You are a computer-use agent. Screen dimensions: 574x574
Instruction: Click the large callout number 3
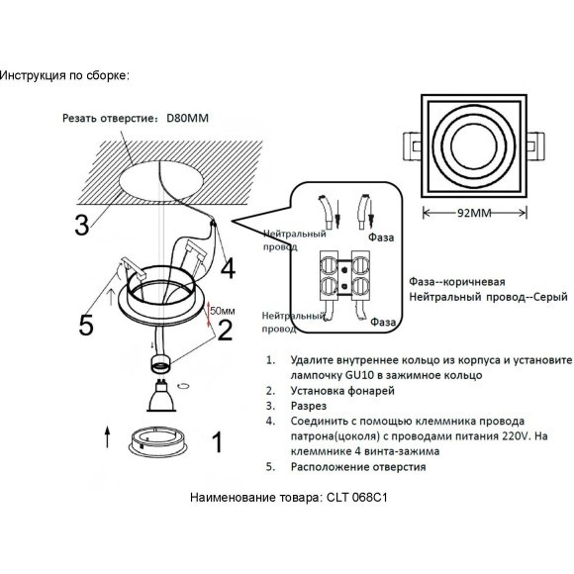tap(81, 225)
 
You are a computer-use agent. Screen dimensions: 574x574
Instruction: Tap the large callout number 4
tap(229, 268)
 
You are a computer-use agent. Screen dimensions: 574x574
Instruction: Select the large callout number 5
tap(86, 325)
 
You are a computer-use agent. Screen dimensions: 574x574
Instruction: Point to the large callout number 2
tap(225, 330)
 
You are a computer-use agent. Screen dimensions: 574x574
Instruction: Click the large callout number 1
tap(218, 441)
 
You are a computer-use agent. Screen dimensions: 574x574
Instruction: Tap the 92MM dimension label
tap(474, 213)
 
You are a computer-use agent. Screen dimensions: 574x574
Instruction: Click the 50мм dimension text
tap(223, 311)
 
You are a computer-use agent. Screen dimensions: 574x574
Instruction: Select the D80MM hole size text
tap(187, 118)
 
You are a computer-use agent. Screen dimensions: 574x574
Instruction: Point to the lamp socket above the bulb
tap(160, 363)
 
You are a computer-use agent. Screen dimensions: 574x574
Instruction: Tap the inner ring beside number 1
tap(159, 440)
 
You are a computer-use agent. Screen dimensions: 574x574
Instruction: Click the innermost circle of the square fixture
tap(474, 145)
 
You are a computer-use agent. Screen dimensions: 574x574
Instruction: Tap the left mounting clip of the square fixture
tap(413, 146)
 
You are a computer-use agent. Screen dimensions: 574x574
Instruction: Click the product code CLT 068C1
tap(353, 498)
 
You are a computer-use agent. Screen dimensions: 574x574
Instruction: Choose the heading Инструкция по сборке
tap(64, 76)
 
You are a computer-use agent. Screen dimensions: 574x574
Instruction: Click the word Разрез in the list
tap(308, 406)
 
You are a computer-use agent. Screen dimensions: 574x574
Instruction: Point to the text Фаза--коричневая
tap(457, 282)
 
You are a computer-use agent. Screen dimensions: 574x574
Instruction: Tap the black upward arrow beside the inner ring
tap(107, 436)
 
